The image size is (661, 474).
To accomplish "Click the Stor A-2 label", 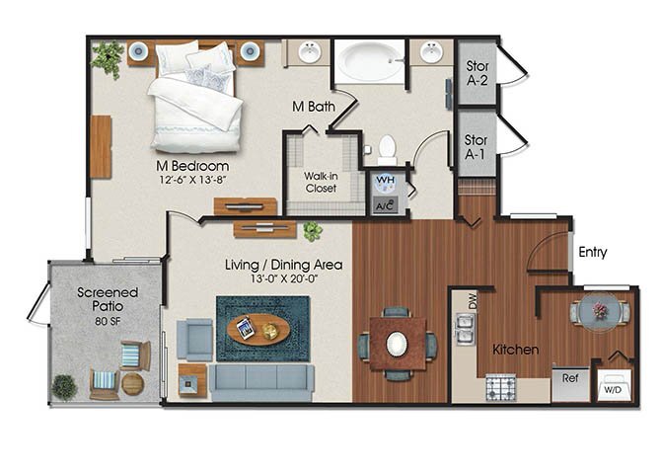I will (477, 74).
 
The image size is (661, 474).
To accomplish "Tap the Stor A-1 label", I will (477, 147).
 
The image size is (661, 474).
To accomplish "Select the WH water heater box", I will (384, 182).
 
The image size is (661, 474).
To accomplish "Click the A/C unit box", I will (384, 205).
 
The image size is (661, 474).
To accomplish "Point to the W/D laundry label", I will (611, 390).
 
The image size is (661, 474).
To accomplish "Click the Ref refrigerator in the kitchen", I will (570, 378).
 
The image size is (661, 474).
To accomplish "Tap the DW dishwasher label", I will (472, 304).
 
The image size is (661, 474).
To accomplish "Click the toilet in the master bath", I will (387, 149).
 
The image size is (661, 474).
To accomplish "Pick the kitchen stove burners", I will (501, 386).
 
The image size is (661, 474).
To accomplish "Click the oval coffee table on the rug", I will (258, 329).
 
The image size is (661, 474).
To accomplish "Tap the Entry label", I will (592, 253).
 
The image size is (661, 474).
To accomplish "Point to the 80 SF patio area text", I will (109, 321).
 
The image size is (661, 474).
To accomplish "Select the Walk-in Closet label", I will (322, 182).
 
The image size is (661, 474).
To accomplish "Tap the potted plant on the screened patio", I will (64, 386).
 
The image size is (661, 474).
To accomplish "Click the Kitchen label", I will (515, 350).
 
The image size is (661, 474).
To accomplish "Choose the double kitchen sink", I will (462, 329).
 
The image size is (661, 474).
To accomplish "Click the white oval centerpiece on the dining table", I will (397, 343).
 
